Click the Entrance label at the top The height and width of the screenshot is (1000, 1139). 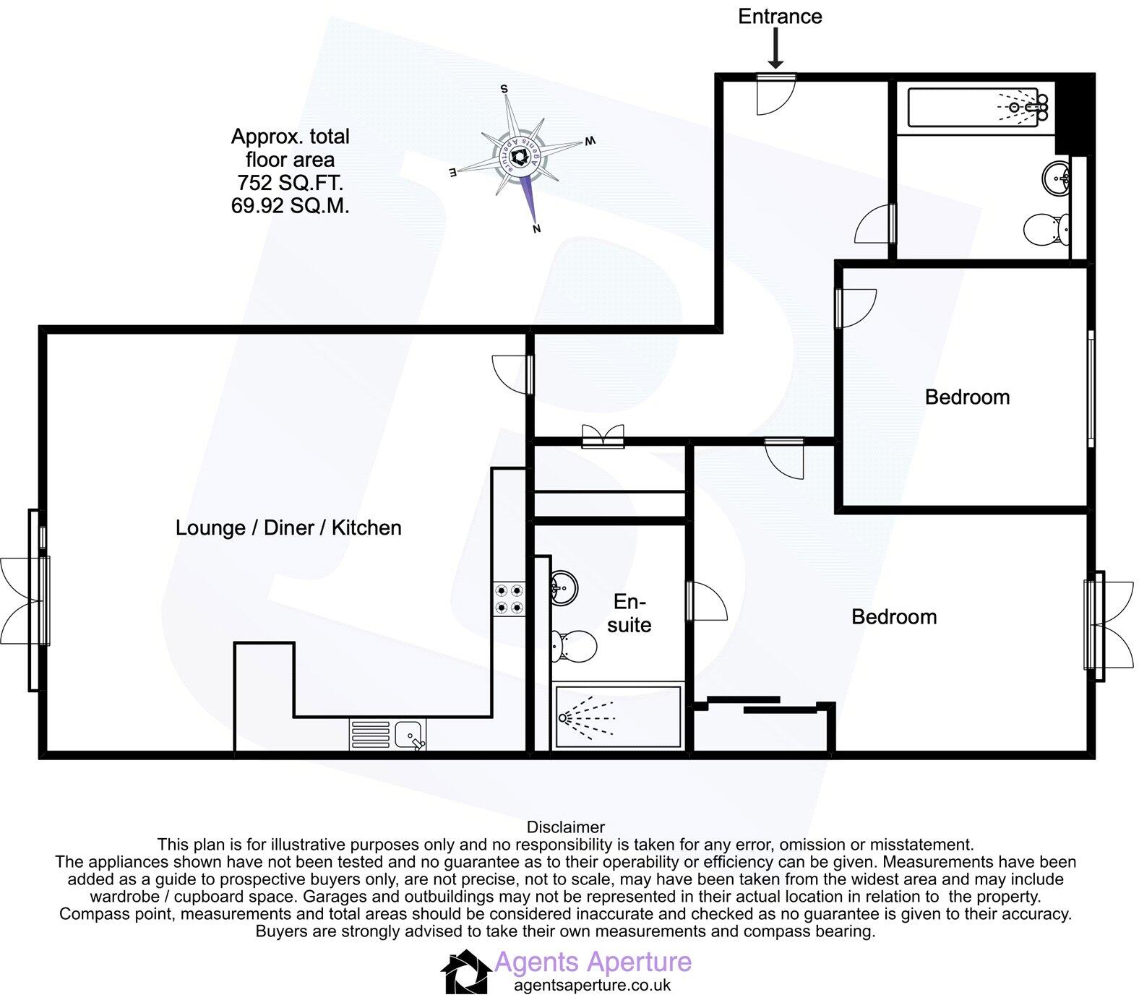(x=780, y=17)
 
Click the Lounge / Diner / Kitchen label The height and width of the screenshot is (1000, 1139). (x=288, y=527)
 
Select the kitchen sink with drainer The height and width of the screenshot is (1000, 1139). (x=388, y=736)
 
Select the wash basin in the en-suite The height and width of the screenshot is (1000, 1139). (x=563, y=587)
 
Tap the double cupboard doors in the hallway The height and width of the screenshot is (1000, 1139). (x=603, y=436)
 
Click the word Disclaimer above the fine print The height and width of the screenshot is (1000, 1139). (x=566, y=827)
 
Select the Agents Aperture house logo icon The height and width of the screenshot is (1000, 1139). (x=465, y=972)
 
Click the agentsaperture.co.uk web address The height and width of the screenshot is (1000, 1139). (x=592, y=985)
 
